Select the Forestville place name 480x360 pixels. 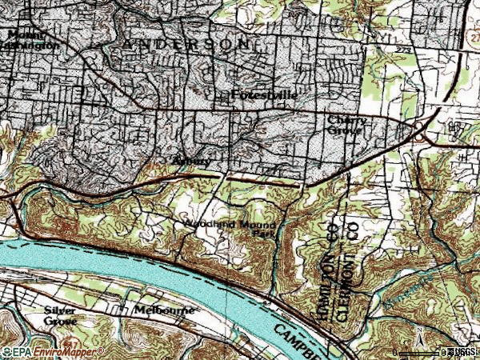[x=264, y=95]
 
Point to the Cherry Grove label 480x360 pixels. [x=348, y=125]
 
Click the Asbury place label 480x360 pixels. [x=192, y=161]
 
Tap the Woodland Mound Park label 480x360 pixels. [x=231, y=230]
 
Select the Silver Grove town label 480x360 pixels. [x=61, y=315]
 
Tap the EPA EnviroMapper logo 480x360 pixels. [x=52, y=351]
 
